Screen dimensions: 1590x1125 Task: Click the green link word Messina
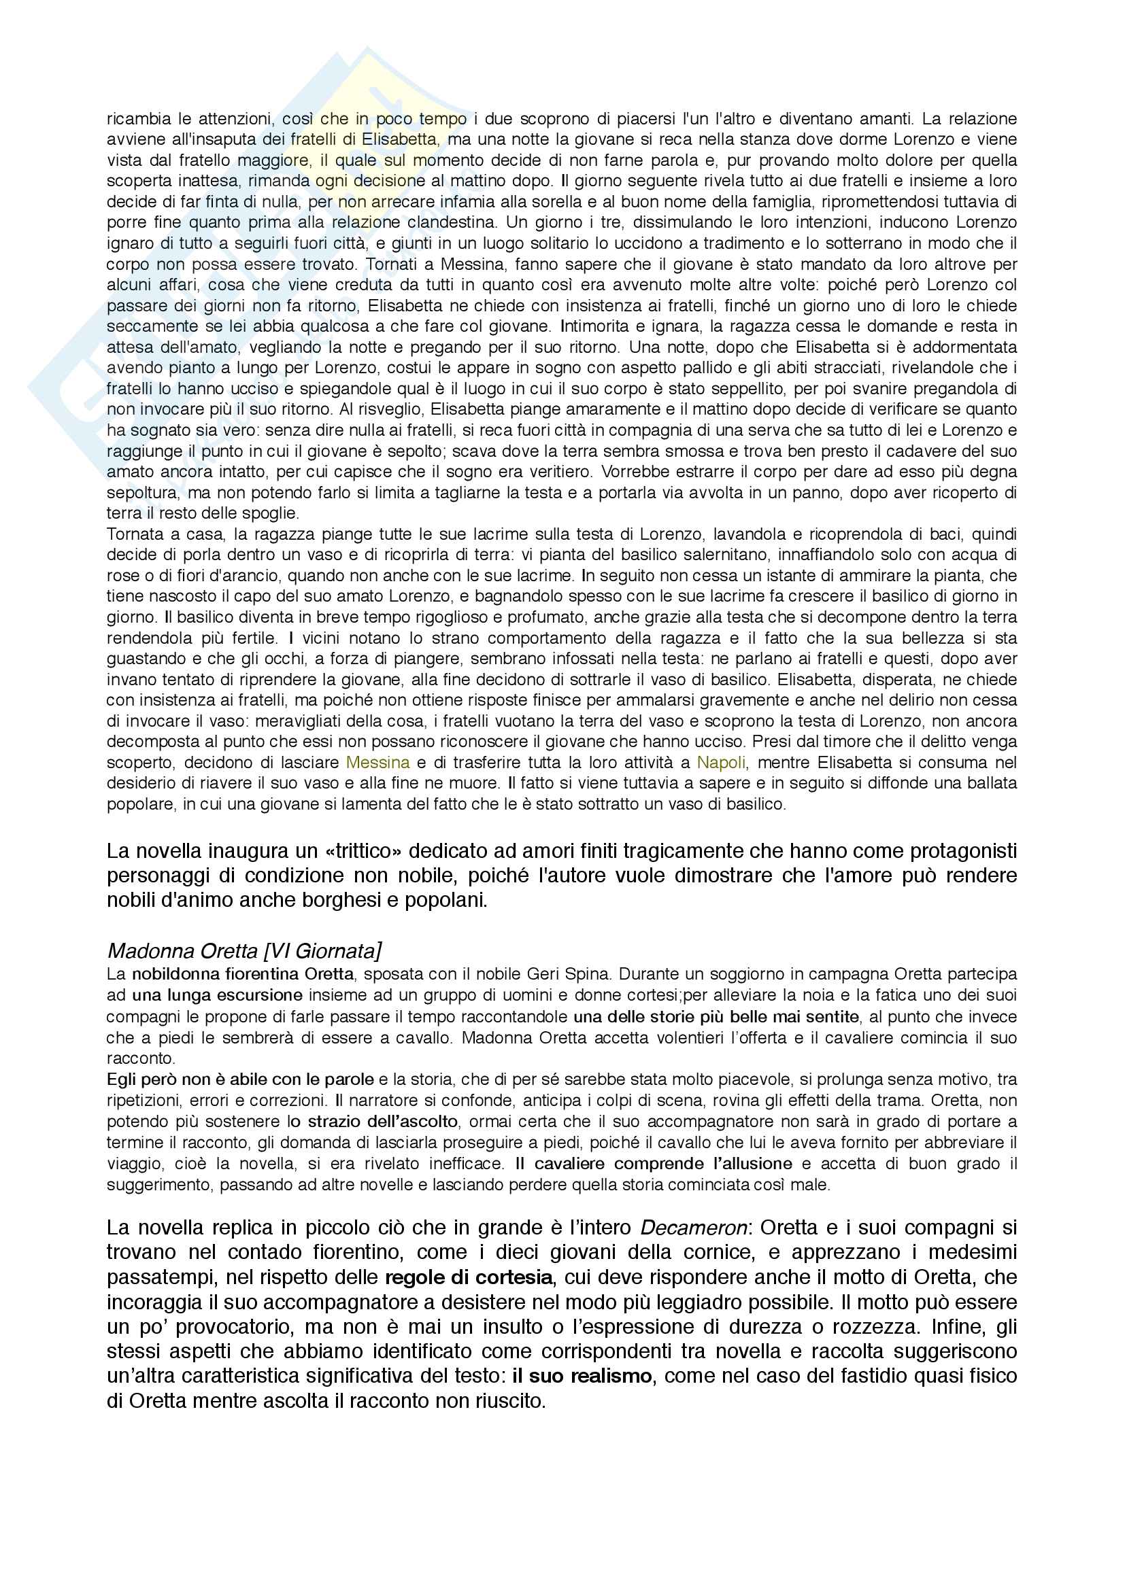point(377,763)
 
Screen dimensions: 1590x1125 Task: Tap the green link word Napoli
point(721,763)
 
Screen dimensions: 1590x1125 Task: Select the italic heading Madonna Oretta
point(182,951)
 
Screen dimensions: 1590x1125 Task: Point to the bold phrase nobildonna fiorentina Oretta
point(242,974)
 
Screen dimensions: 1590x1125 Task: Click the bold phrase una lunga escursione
point(218,995)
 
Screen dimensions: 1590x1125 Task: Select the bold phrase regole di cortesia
point(468,1277)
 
